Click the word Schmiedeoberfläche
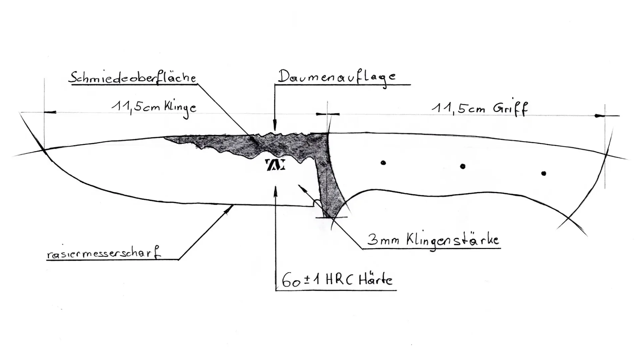132,78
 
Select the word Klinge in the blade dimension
180,107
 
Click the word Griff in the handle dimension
510,108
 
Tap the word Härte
376,280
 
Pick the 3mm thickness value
383,240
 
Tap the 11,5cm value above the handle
458,108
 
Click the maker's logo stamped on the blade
275,165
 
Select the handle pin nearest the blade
383,163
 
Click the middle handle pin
463,166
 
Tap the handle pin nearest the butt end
544,173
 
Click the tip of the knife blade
44,151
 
